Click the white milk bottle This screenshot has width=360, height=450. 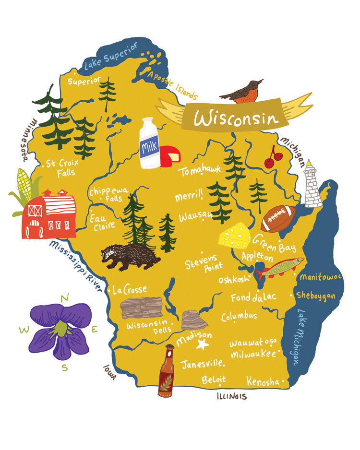click(149, 143)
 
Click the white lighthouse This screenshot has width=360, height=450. click(313, 185)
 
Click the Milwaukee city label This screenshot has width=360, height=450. click(253, 354)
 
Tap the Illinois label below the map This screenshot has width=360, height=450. click(231, 396)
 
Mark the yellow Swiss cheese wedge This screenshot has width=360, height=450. click(234, 235)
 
